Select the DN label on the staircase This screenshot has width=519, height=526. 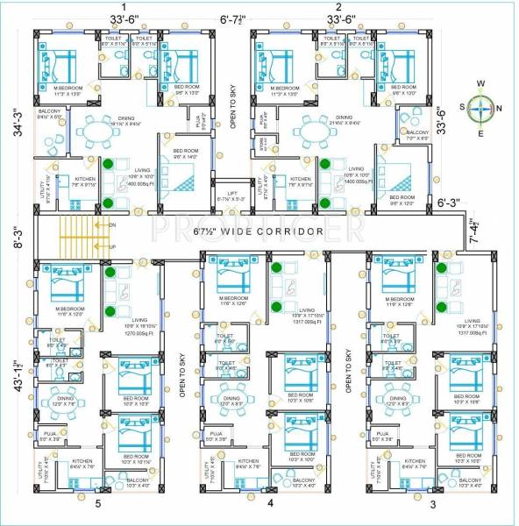[111, 225]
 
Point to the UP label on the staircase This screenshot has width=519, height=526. [111, 247]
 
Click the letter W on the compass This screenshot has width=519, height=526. [480, 84]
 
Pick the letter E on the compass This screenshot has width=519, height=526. [480, 134]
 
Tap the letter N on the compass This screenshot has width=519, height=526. [501, 109]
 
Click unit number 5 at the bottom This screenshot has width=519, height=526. [97, 503]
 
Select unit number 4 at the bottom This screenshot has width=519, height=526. [270, 503]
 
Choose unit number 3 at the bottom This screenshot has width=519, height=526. [431, 503]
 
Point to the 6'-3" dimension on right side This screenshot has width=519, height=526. [452, 202]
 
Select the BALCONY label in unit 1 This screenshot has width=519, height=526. [49, 112]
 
